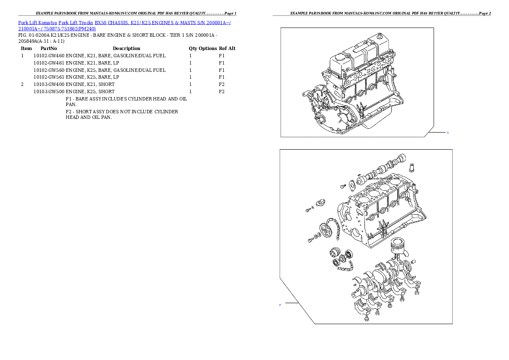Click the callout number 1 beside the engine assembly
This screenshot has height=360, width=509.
point(447,133)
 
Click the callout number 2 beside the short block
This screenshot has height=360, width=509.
point(280,305)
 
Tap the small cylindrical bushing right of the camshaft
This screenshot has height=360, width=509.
point(413,166)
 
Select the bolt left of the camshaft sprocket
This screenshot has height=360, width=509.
point(311,241)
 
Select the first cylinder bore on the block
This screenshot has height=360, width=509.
point(363,199)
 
